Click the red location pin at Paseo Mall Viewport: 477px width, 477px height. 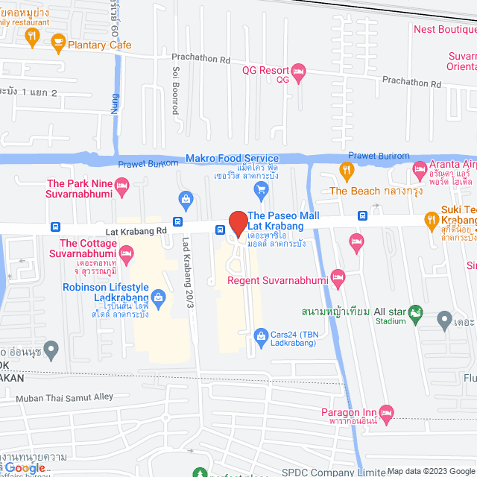[x=238, y=223]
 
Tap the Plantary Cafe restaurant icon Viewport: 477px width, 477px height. [x=58, y=45]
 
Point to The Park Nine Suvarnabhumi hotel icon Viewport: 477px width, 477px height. [x=123, y=183]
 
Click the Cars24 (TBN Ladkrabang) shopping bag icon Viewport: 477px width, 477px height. [x=259, y=335]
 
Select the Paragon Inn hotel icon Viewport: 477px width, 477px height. [x=386, y=412]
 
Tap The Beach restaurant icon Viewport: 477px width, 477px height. [x=347, y=171]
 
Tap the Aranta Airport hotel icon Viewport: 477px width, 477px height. [x=420, y=171]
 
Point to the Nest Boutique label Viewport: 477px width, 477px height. [x=444, y=30]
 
